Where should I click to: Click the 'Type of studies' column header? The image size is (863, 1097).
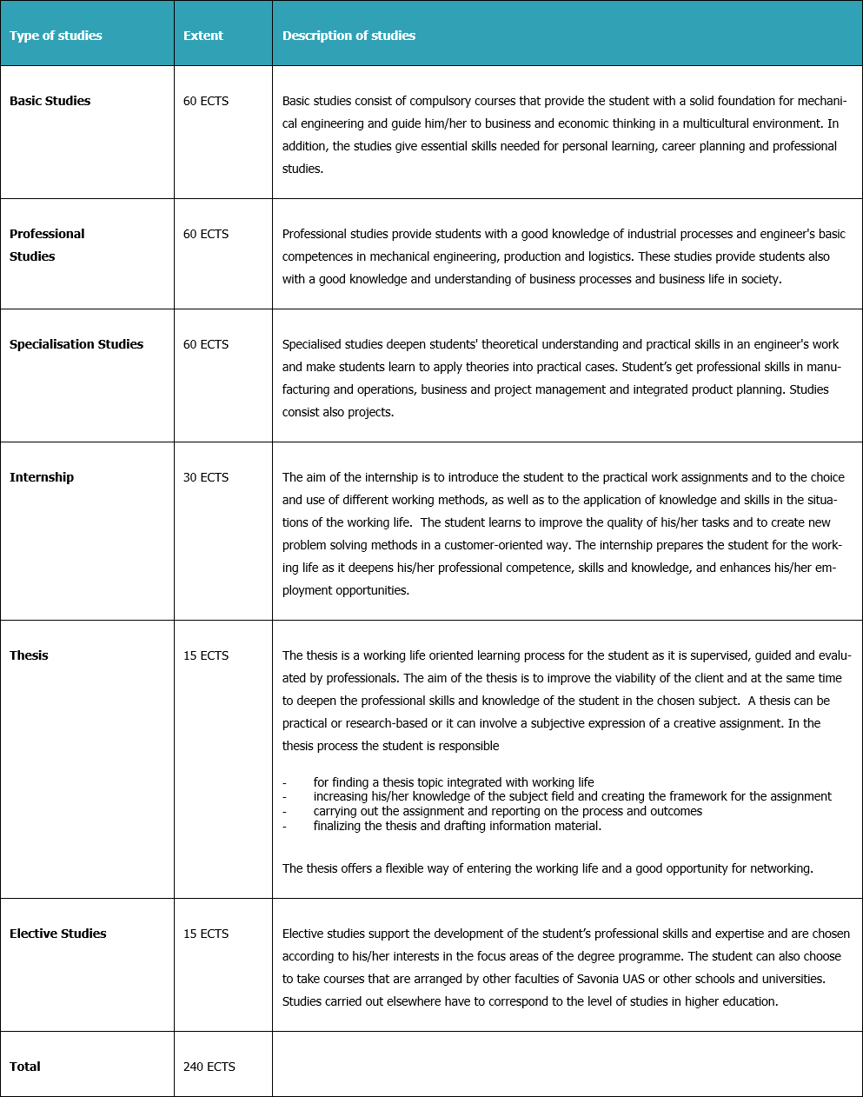click(x=56, y=36)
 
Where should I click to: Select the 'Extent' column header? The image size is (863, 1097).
click(x=203, y=36)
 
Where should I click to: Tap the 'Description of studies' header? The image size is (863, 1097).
click(x=349, y=36)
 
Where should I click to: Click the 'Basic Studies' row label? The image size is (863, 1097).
click(x=50, y=101)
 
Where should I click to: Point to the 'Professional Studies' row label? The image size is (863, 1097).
click(x=47, y=245)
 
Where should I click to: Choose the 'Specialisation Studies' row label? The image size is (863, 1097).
click(x=76, y=344)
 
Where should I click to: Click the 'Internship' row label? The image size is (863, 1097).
click(x=42, y=477)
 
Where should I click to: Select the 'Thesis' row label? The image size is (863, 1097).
click(x=29, y=655)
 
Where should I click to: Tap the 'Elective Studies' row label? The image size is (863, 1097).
click(x=58, y=934)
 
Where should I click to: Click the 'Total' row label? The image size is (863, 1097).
click(x=25, y=1067)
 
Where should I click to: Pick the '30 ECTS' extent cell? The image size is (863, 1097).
click(x=206, y=477)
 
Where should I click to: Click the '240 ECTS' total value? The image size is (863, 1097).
click(x=209, y=1067)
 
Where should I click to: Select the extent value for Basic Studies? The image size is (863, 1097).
click(x=206, y=101)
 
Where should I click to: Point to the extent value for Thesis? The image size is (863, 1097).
click(x=206, y=655)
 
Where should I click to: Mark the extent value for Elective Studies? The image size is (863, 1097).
click(x=206, y=934)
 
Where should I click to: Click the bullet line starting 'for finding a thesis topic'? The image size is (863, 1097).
click(x=454, y=782)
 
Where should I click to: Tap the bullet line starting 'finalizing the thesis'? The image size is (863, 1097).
click(x=457, y=826)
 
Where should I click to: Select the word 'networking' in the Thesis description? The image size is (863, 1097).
click(x=780, y=868)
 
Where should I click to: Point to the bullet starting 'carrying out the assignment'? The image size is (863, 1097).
click(x=508, y=811)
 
